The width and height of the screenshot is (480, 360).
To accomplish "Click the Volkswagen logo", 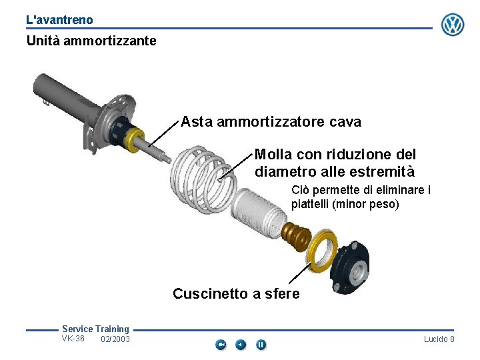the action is (x=453, y=25).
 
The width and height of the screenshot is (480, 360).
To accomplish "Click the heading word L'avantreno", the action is (x=59, y=20).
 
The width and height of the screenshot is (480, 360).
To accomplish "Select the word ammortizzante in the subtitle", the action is (x=110, y=41).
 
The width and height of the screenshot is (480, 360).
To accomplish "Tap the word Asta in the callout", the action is (x=197, y=121).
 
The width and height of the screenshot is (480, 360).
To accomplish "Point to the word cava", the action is (x=345, y=122).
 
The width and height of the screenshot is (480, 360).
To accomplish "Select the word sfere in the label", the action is (x=282, y=293).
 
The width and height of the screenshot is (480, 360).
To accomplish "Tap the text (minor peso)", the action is (x=365, y=204).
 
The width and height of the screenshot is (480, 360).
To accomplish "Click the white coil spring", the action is (x=203, y=180).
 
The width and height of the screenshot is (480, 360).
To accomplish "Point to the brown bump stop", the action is (x=296, y=237).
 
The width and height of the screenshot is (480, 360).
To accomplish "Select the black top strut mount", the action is (x=350, y=268).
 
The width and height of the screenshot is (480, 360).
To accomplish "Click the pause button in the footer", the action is (x=261, y=345).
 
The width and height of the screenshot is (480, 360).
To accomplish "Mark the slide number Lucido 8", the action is (x=439, y=339).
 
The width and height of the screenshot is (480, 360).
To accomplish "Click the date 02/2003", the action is (x=115, y=339).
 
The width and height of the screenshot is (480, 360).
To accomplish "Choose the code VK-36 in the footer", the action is (x=73, y=339).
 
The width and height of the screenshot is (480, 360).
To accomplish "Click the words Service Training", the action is (x=95, y=329).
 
